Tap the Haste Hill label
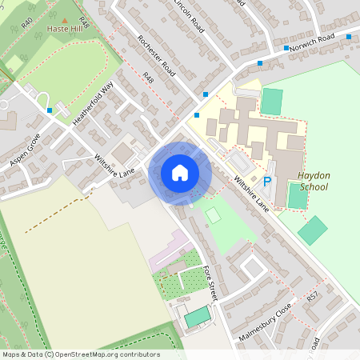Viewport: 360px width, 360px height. [x=64, y=28]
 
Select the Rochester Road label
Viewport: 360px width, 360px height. [x=156, y=50]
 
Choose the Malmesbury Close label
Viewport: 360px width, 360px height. [x=265, y=322]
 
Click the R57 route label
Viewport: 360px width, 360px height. [x=313, y=297]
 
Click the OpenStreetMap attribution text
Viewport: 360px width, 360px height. [x=80, y=354]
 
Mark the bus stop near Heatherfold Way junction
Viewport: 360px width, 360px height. [x=50, y=110]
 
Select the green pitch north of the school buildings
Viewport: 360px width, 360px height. [x=272, y=102]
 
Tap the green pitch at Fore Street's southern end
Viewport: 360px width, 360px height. [x=196, y=318]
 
